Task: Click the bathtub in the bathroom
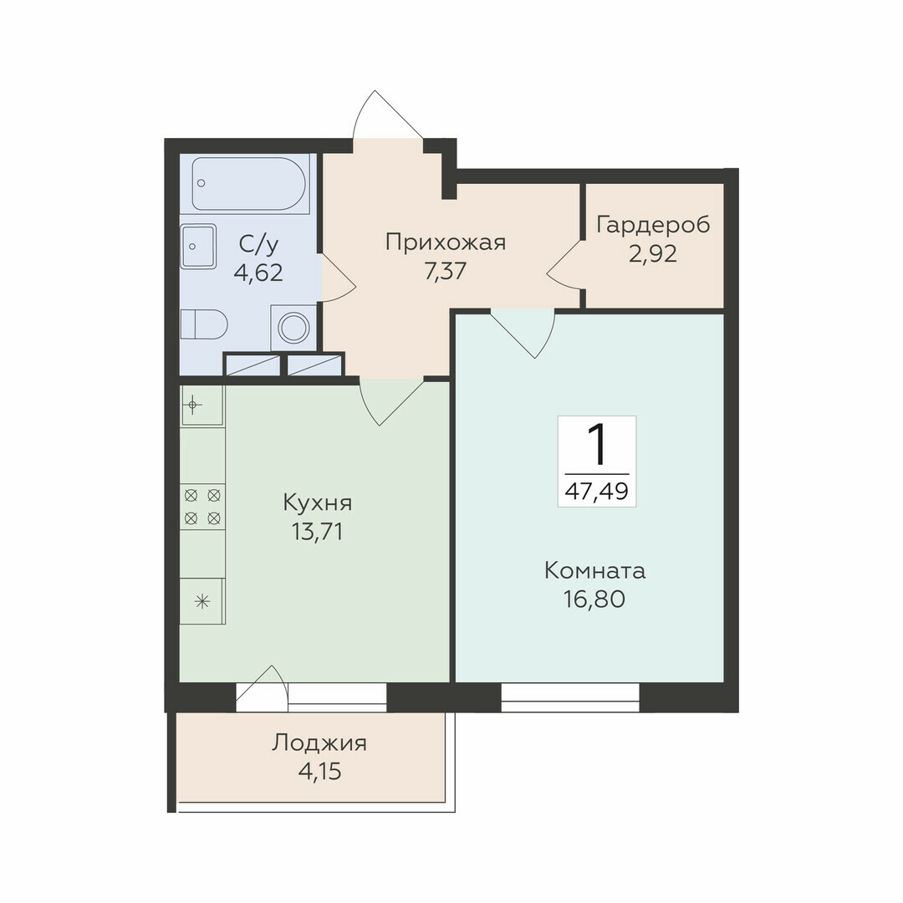pos(247,184)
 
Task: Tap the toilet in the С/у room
pos(204,324)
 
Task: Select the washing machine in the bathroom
pos(293,328)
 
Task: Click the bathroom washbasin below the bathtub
pos(198,247)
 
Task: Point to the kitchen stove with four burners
pos(202,507)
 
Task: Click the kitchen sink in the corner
pos(202,406)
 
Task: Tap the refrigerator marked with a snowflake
pos(202,602)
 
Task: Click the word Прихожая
pos(445,242)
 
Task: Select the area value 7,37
pos(445,271)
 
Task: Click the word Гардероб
pos(653,226)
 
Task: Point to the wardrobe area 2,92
pos(653,254)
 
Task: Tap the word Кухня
pos(318,503)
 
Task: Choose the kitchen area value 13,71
pos(318,532)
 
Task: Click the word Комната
pos(595,571)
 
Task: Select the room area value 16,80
pos(594,599)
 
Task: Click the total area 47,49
pos(597,492)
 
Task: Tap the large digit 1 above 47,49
pos(597,445)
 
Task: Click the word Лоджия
pos(319,743)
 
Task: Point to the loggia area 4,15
pos(319,771)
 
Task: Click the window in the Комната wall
pos(570,697)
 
